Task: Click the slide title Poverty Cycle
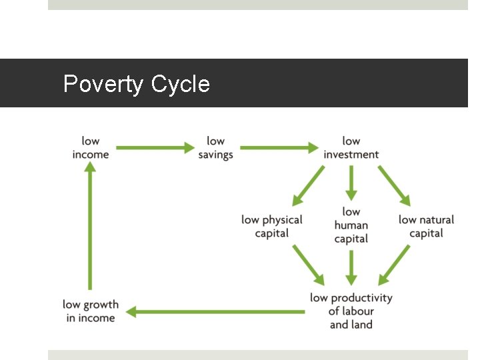click(x=136, y=85)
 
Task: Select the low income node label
click(x=91, y=147)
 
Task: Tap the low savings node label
click(x=215, y=147)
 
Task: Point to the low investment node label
click(x=351, y=147)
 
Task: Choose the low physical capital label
click(x=272, y=227)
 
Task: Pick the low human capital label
click(x=351, y=225)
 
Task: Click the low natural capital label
click(x=426, y=227)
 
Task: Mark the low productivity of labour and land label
click(x=351, y=311)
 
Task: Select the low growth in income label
click(x=91, y=311)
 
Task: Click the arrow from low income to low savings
click(x=155, y=148)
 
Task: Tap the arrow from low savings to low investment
click(x=278, y=148)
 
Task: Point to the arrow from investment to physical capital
click(x=308, y=185)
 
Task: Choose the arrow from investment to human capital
click(x=351, y=183)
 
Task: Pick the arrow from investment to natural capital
click(x=395, y=185)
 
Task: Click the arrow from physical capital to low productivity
click(x=308, y=264)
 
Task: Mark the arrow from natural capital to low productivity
click(x=394, y=265)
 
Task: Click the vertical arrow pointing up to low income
click(x=90, y=227)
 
